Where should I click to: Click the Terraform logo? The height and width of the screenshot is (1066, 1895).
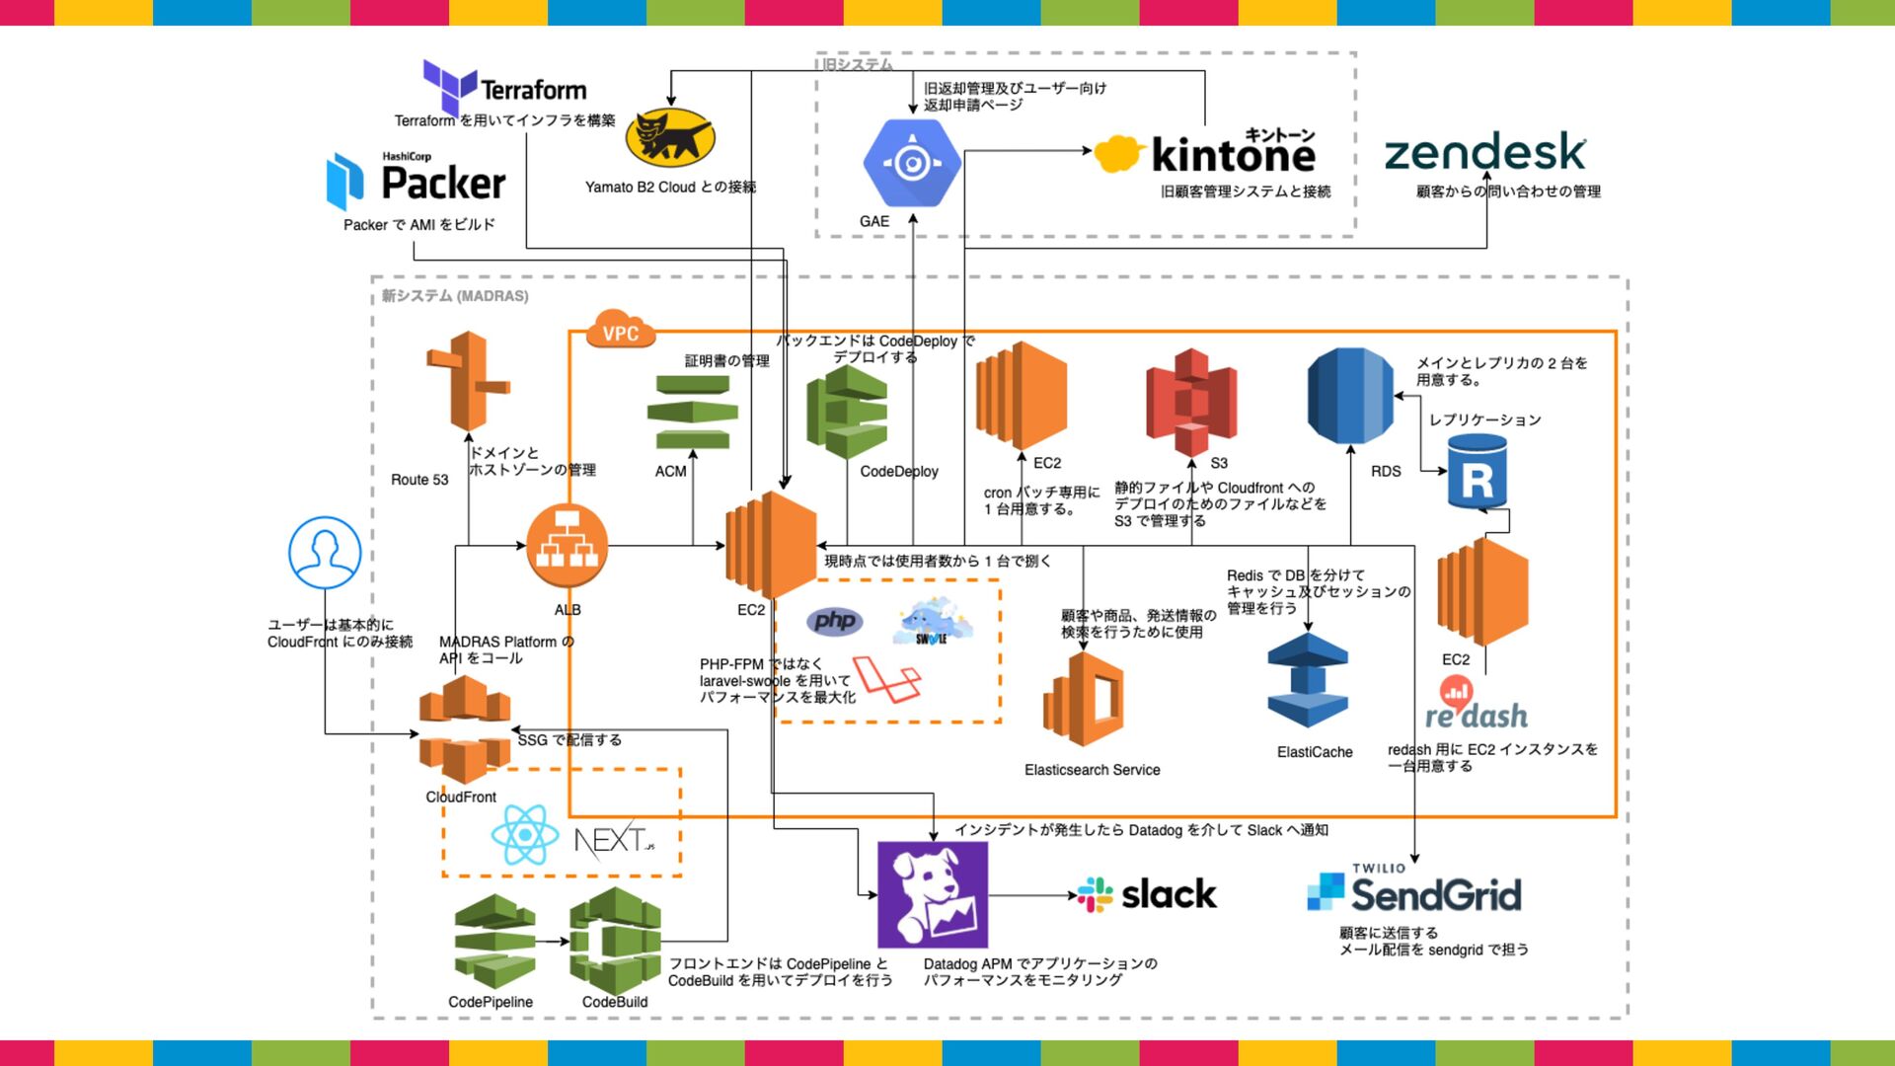(504, 87)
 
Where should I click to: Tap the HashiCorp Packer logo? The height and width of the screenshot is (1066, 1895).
(416, 181)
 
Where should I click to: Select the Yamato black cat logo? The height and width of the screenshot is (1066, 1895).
(670, 137)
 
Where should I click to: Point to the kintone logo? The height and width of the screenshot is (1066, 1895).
(1206, 153)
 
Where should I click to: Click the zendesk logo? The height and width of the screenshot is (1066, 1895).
(1484, 152)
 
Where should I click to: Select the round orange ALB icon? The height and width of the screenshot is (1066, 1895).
(567, 546)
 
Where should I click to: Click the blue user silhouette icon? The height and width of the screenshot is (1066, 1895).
(325, 553)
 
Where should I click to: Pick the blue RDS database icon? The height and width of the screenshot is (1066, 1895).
(1350, 396)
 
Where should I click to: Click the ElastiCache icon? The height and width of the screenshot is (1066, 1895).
(1308, 681)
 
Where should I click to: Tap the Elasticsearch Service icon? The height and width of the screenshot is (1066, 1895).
(1084, 699)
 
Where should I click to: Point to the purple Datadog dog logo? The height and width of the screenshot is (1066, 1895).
(932, 895)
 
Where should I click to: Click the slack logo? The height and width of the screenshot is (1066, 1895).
(1147, 895)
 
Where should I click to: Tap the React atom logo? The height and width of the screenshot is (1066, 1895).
(525, 835)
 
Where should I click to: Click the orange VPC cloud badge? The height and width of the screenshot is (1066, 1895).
(621, 331)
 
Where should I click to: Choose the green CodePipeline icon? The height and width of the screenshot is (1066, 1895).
(494, 942)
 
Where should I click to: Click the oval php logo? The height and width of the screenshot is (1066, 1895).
(835, 621)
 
